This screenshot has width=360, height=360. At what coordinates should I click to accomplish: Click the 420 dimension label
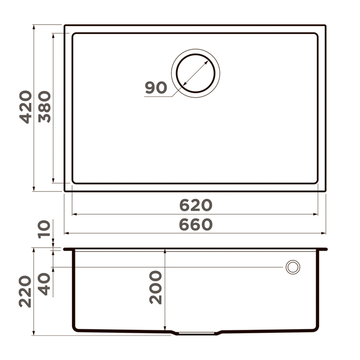click(x=26, y=107)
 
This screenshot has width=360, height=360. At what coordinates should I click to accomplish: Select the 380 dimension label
click(x=45, y=107)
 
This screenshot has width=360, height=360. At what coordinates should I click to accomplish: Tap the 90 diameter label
click(x=156, y=88)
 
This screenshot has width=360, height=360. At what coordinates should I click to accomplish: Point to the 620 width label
click(x=196, y=205)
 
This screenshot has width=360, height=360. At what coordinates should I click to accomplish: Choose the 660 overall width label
click(x=196, y=224)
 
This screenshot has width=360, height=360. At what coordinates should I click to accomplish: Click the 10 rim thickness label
click(x=44, y=229)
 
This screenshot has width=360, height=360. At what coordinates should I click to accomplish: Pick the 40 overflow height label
click(x=44, y=284)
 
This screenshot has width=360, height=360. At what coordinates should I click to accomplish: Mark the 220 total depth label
click(x=25, y=291)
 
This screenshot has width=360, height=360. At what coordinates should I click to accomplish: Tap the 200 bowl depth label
click(x=156, y=288)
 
